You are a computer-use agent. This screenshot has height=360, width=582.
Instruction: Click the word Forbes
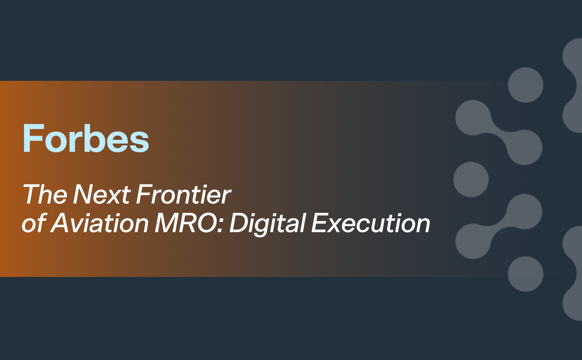click(x=86, y=138)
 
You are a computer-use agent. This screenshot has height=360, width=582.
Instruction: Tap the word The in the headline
click(x=45, y=194)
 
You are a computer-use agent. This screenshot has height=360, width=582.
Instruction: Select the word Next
click(x=102, y=194)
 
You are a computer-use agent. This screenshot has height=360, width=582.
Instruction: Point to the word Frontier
click(x=183, y=194)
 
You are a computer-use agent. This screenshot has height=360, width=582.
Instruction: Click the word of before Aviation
click(x=34, y=223)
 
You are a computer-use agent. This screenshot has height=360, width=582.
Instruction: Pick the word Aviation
click(x=99, y=223)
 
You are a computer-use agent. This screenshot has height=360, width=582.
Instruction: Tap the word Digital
click(x=267, y=224)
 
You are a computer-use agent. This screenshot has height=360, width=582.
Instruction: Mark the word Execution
click(x=371, y=223)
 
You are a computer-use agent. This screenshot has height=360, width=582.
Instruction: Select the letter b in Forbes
click(x=97, y=138)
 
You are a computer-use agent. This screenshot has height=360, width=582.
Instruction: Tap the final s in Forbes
click(x=139, y=142)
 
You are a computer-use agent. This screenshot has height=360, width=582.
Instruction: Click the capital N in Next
click(x=83, y=194)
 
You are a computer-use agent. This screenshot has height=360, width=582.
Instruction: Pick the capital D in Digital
click(x=239, y=223)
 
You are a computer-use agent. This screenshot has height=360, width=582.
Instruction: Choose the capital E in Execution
click(x=321, y=223)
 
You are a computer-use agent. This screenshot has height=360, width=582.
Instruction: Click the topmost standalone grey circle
click(x=525, y=85)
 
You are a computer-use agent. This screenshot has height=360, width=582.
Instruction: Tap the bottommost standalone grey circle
click(x=525, y=274)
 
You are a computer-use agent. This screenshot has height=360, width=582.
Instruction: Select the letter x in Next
click(x=116, y=197)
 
